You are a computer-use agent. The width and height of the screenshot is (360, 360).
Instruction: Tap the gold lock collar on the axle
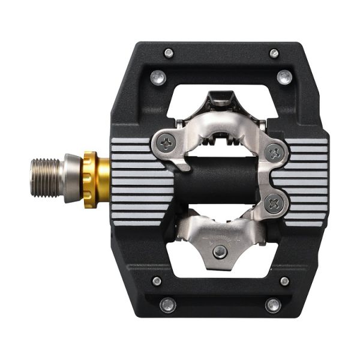pyautogui.click(x=91, y=179)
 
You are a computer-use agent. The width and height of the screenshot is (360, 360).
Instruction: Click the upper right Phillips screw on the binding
pyautogui.click(x=274, y=152)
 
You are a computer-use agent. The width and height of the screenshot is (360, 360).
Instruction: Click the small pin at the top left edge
pyautogui.click(x=169, y=53)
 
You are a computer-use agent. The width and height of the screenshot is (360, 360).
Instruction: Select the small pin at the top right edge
pyautogui.click(x=274, y=53)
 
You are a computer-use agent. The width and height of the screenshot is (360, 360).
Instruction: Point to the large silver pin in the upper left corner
pyautogui.click(x=158, y=77)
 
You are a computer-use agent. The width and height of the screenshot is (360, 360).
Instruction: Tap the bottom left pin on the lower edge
pyautogui.click(x=168, y=304)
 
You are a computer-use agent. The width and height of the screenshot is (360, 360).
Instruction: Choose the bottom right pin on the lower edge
pyautogui.click(x=274, y=304)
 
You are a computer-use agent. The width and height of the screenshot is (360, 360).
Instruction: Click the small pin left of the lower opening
pyautogui.click(x=157, y=281)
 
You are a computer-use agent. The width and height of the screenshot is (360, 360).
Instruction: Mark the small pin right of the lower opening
pyautogui.click(x=284, y=281)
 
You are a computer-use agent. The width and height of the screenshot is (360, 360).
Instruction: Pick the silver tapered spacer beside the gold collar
pyautogui.click(x=72, y=178)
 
